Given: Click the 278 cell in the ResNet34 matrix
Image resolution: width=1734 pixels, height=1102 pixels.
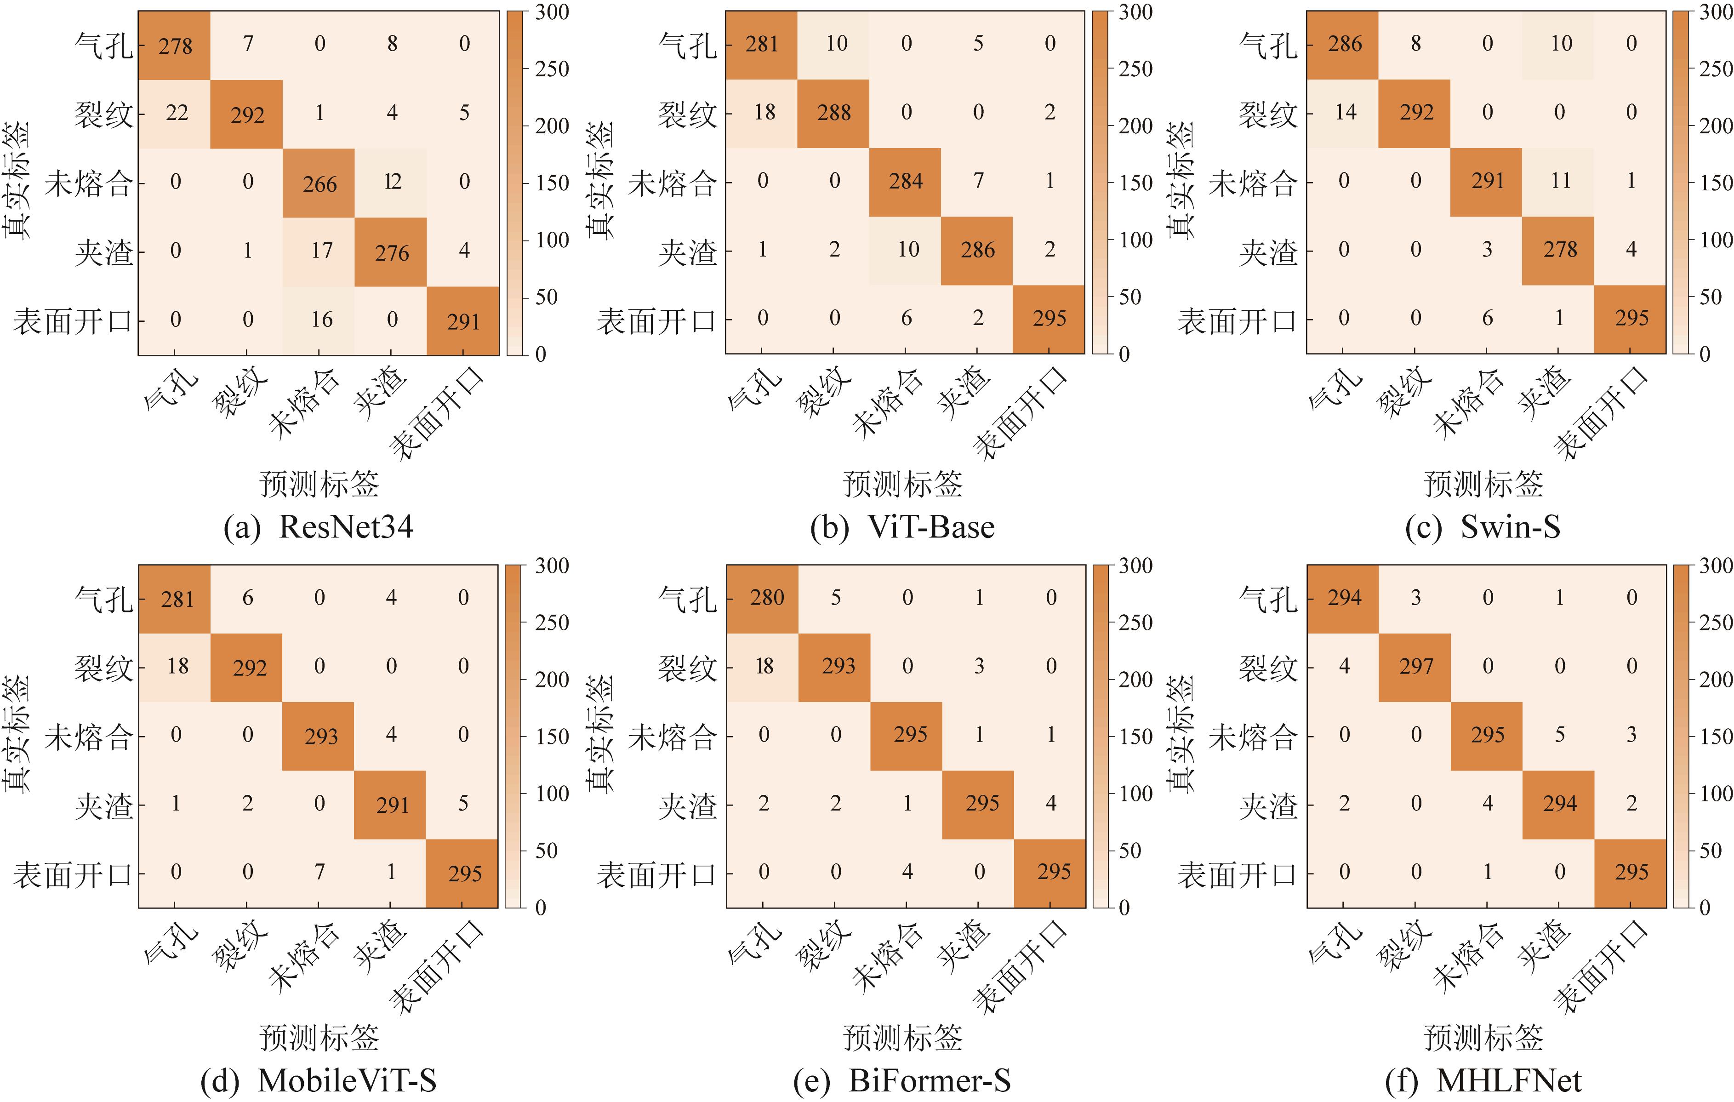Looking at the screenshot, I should tap(175, 46).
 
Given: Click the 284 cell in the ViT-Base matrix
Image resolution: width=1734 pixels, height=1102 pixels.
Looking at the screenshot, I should tap(905, 182).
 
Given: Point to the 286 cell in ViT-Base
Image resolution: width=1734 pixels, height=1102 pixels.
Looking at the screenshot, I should tap(977, 250).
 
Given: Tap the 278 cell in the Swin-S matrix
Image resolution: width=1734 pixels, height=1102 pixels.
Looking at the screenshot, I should tap(1560, 250).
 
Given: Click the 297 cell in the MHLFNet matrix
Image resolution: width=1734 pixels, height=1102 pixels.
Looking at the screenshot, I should tap(1416, 666).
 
